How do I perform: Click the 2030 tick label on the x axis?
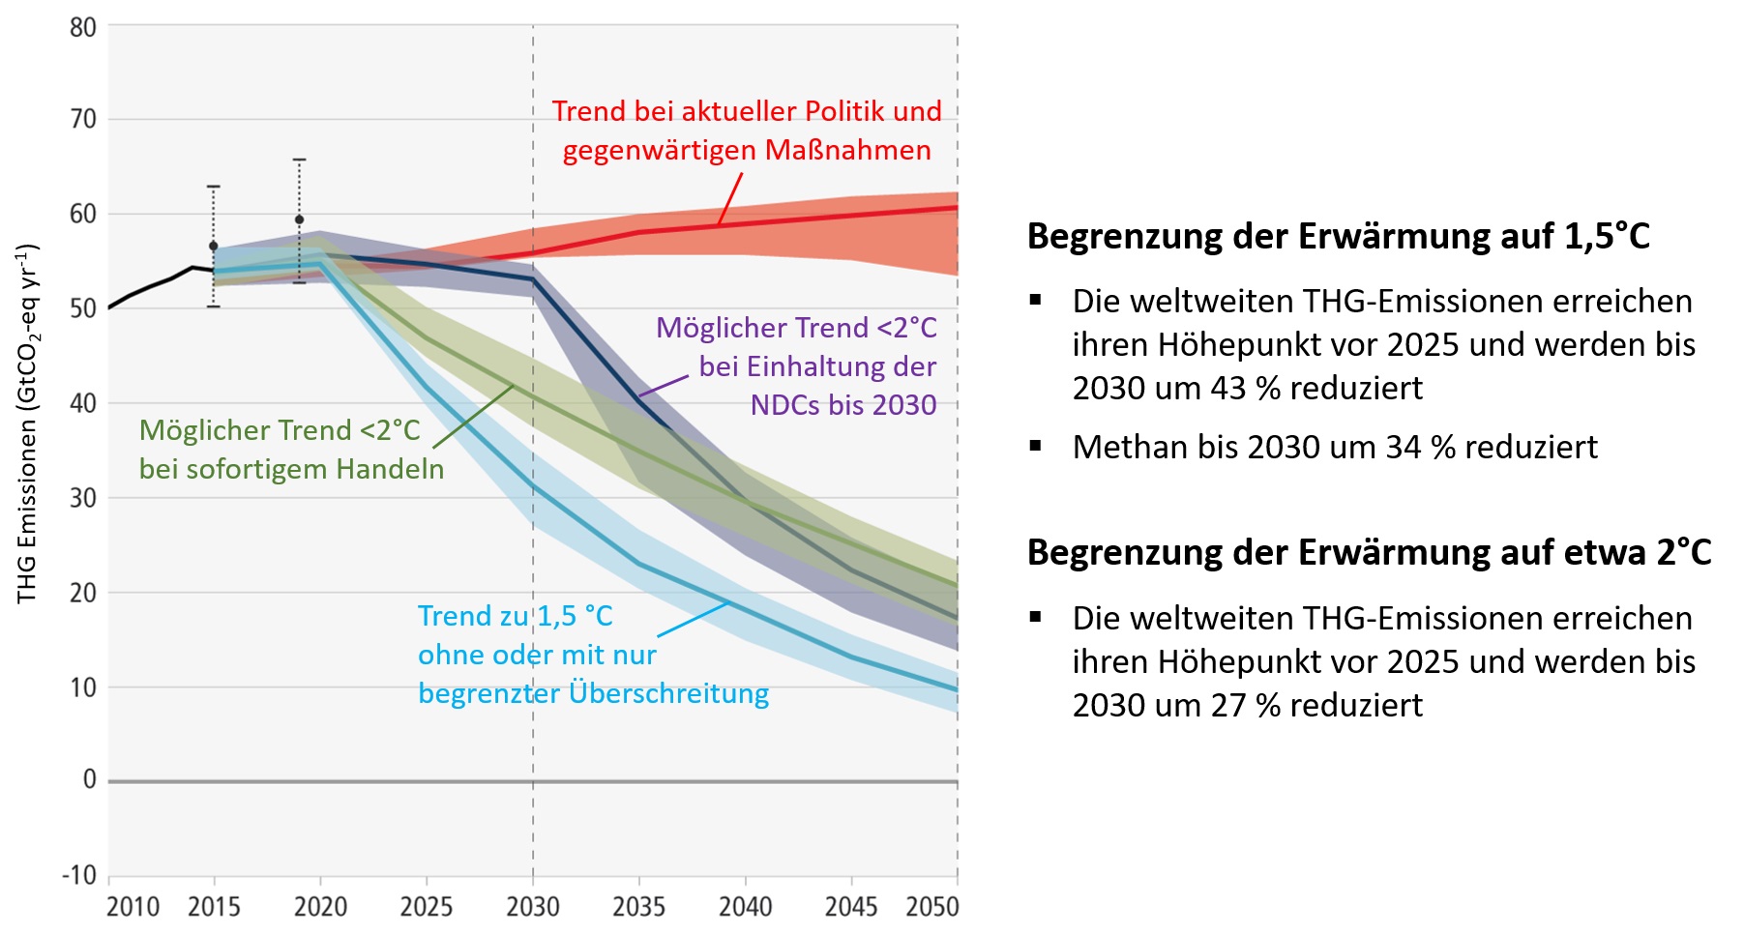click(533, 907)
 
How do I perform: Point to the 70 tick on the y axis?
click(83, 119)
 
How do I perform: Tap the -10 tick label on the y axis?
click(79, 875)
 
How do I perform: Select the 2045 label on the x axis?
click(851, 907)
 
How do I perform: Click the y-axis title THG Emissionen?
click(27, 425)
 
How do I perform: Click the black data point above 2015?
click(214, 247)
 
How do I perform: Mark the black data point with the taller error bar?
click(299, 219)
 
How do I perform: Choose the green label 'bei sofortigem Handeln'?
click(291, 469)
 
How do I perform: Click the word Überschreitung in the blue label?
click(668, 693)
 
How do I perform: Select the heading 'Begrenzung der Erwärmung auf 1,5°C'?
click(1338, 237)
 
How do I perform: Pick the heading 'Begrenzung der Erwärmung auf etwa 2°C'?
click(1369, 553)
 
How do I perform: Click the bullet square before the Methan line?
click(1036, 446)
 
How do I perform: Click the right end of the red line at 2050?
click(957, 207)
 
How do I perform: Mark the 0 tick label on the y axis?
click(89, 779)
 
